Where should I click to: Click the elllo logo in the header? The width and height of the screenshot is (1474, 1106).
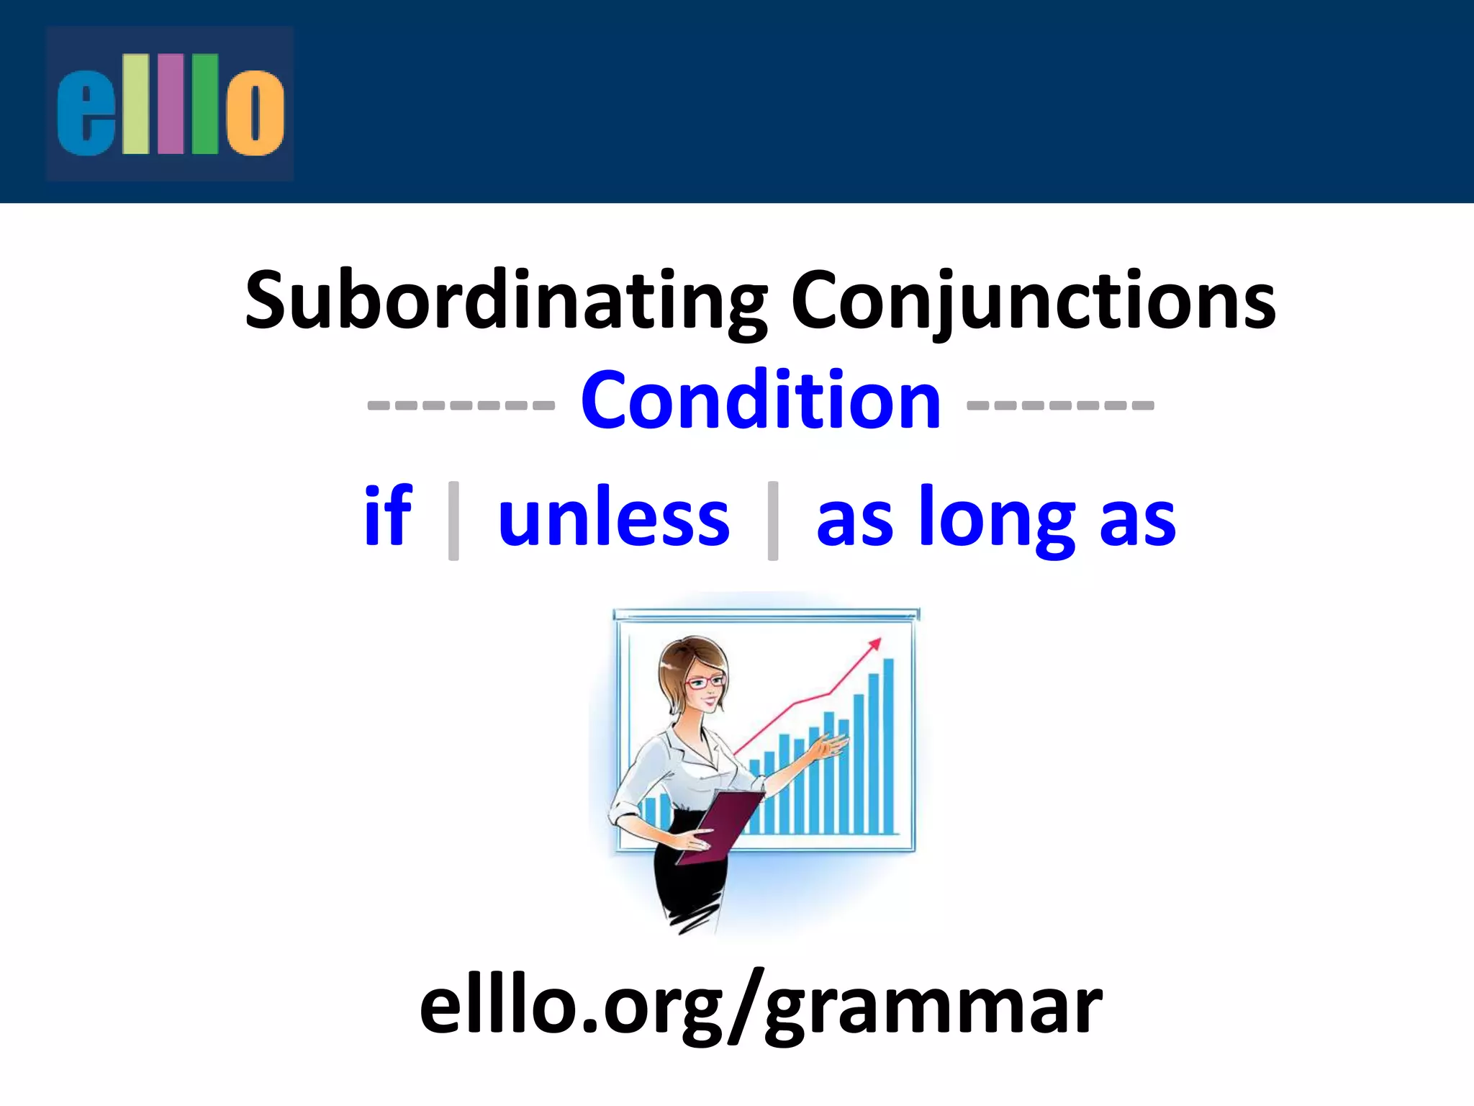click(x=170, y=104)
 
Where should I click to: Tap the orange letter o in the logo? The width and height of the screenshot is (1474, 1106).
click(x=255, y=112)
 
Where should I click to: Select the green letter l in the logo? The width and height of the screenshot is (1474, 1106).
click(x=204, y=104)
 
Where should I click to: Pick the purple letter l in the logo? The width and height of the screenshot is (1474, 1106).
click(x=170, y=104)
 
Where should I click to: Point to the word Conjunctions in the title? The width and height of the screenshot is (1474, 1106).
click(x=1033, y=301)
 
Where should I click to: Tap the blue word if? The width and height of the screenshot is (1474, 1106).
click(x=388, y=516)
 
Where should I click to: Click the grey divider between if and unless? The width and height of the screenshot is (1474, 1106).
click(x=453, y=520)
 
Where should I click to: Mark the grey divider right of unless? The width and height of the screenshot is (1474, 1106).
click(x=773, y=520)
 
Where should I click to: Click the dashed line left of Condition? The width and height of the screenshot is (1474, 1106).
click(x=461, y=405)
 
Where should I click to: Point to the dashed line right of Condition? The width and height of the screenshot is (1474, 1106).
click(x=1060, y=405)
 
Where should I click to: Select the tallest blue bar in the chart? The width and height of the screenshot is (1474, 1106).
click(x=888, y=745)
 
